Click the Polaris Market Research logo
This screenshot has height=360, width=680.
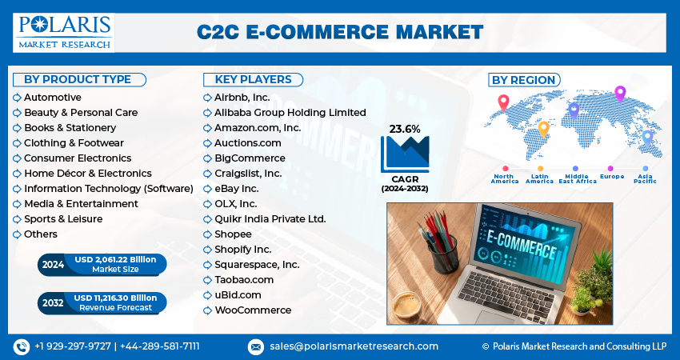click(x=63, y=32)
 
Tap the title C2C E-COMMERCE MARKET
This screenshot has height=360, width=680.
click(x=340, y=32)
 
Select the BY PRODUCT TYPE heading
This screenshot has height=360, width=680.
click(x=78, y=79)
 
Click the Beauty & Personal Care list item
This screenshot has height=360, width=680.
click(x=81, y=113)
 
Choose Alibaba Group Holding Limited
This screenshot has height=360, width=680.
click(x=290, y=113)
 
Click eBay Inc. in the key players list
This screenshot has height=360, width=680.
click(x=236, y=188)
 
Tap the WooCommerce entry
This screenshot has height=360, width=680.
click(x=253, y=310)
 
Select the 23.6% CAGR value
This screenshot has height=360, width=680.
click(x=404, y=129)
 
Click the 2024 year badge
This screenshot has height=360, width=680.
click(x=53, y=265)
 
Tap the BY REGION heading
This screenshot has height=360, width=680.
click(x=523, y=80)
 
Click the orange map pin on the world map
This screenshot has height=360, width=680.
click(x=543, y=129)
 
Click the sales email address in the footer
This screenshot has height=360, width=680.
click(x=353, y=346)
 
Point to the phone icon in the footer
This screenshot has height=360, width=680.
click(x=21, y=346)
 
